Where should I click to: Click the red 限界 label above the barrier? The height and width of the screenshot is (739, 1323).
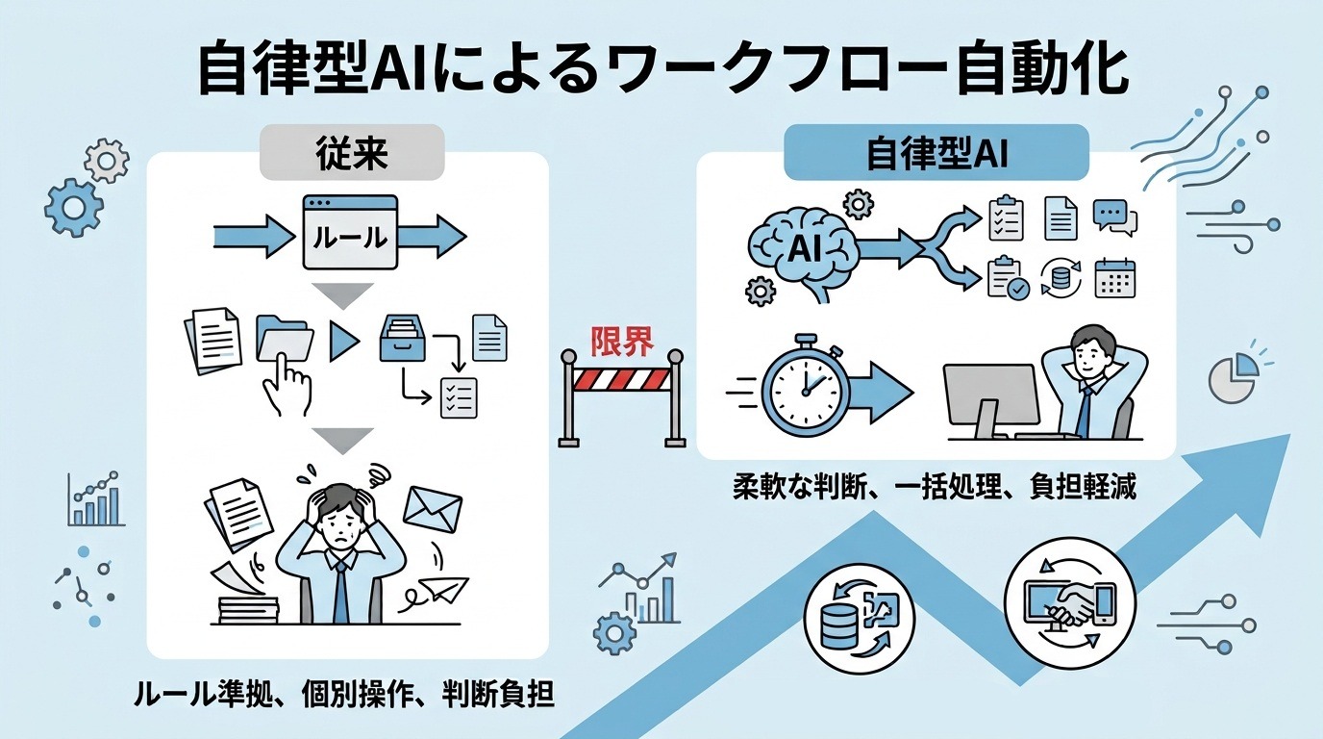pos(622,343)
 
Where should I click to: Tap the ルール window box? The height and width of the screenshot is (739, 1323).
pos(350,232)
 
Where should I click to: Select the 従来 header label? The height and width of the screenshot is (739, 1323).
pos(352,153)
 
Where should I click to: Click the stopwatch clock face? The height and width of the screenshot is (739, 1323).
pos(806,391)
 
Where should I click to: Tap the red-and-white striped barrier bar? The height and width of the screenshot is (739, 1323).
pos(621,379)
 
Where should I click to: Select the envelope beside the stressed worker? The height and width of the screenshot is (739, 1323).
pos(433,509)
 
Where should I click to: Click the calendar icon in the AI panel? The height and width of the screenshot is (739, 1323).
pos(1115,278)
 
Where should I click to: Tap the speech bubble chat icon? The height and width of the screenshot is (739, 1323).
pos(1115,217)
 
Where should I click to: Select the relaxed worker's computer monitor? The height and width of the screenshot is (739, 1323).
pos(990,401)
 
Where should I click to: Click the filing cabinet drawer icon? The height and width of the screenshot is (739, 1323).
pos(402,338)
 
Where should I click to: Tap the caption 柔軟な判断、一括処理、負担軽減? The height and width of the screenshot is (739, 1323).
pos(935,488)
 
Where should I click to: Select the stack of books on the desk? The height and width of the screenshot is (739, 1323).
pos(249,610)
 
